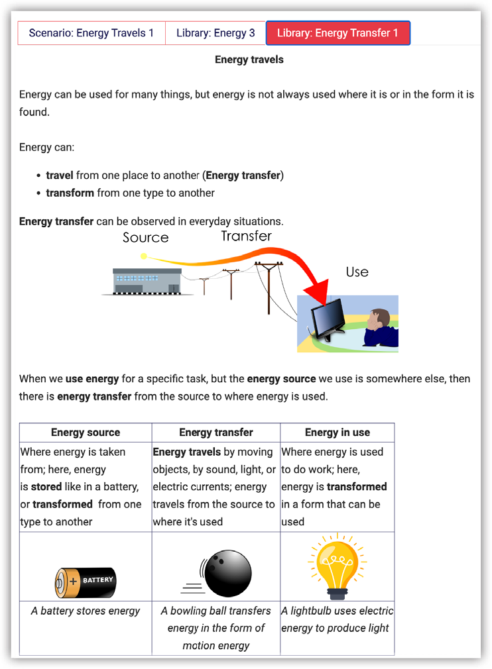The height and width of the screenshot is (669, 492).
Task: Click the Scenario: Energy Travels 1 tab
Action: pyautogui.click(x=91, y=33)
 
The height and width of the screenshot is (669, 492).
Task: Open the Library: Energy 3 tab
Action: pyautogui.click(x=215, y=33)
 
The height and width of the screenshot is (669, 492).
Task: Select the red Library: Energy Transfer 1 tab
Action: pyautogui.click(x=338, y=33)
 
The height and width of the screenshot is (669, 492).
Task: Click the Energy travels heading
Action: pyautogui.click(x=249, y=60)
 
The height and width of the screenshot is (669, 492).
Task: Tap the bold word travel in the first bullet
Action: pyautogui.click(x=60, y=176)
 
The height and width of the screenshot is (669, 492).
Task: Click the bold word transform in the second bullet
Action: pyautogui.click(x=70, y=193)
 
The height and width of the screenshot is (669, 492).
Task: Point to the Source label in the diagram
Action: pyautogui.click(x=146, y=238)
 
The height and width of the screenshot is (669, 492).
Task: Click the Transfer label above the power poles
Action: pyautogui.click(x=246, y=236)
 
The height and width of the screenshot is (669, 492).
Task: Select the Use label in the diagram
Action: pyautogui.click(x=357, y=272)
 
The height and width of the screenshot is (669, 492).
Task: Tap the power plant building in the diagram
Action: pyautogui.click(x=146, y=281)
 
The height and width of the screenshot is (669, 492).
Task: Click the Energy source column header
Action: pyautogui.click(x=86, y=433)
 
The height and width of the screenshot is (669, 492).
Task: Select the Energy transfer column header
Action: pyautogui.click(x=216, y=433)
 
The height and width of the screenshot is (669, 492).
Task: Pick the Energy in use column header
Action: pyautogui.click(x=337, y=433)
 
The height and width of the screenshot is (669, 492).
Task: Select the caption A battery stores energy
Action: pyautogui.click(x=86, y=611)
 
